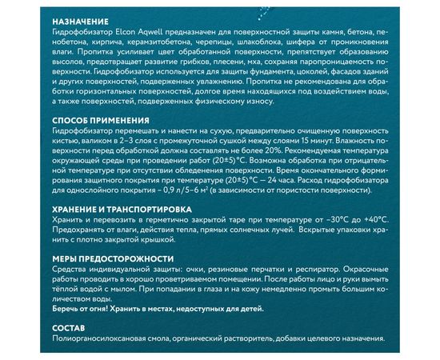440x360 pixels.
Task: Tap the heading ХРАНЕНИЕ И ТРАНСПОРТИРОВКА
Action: coord(130,209)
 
